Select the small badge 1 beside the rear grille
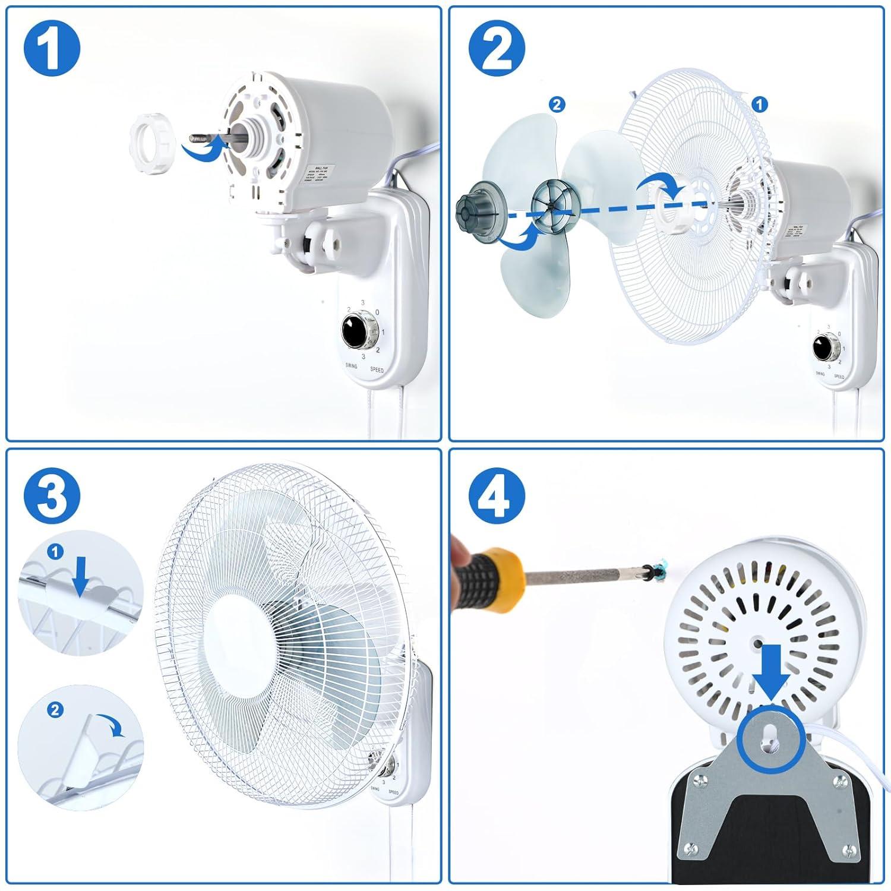pyautogui.click(x=759, y=105)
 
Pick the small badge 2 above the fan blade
pyautogui.click(x=557, y=105)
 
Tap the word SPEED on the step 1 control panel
pyautogui.click(x=377, y=369)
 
